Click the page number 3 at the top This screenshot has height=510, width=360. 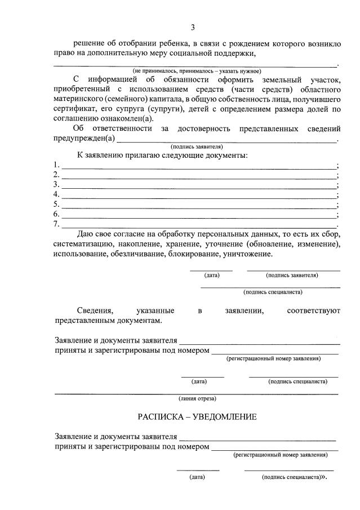click(x=193, y=27)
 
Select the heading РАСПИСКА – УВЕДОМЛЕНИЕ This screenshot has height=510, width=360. click(x=197, y=417)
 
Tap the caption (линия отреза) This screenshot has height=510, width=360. click(x=197, y=398)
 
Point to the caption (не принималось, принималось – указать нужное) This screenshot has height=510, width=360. click(x=197, y=72)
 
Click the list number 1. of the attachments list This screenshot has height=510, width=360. click(x=56, y=165)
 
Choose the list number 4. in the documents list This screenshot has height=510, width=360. click(x=56, y=194)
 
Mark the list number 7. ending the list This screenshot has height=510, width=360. click(x=56, y=224)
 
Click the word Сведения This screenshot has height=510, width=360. click(x=95, y=311)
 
